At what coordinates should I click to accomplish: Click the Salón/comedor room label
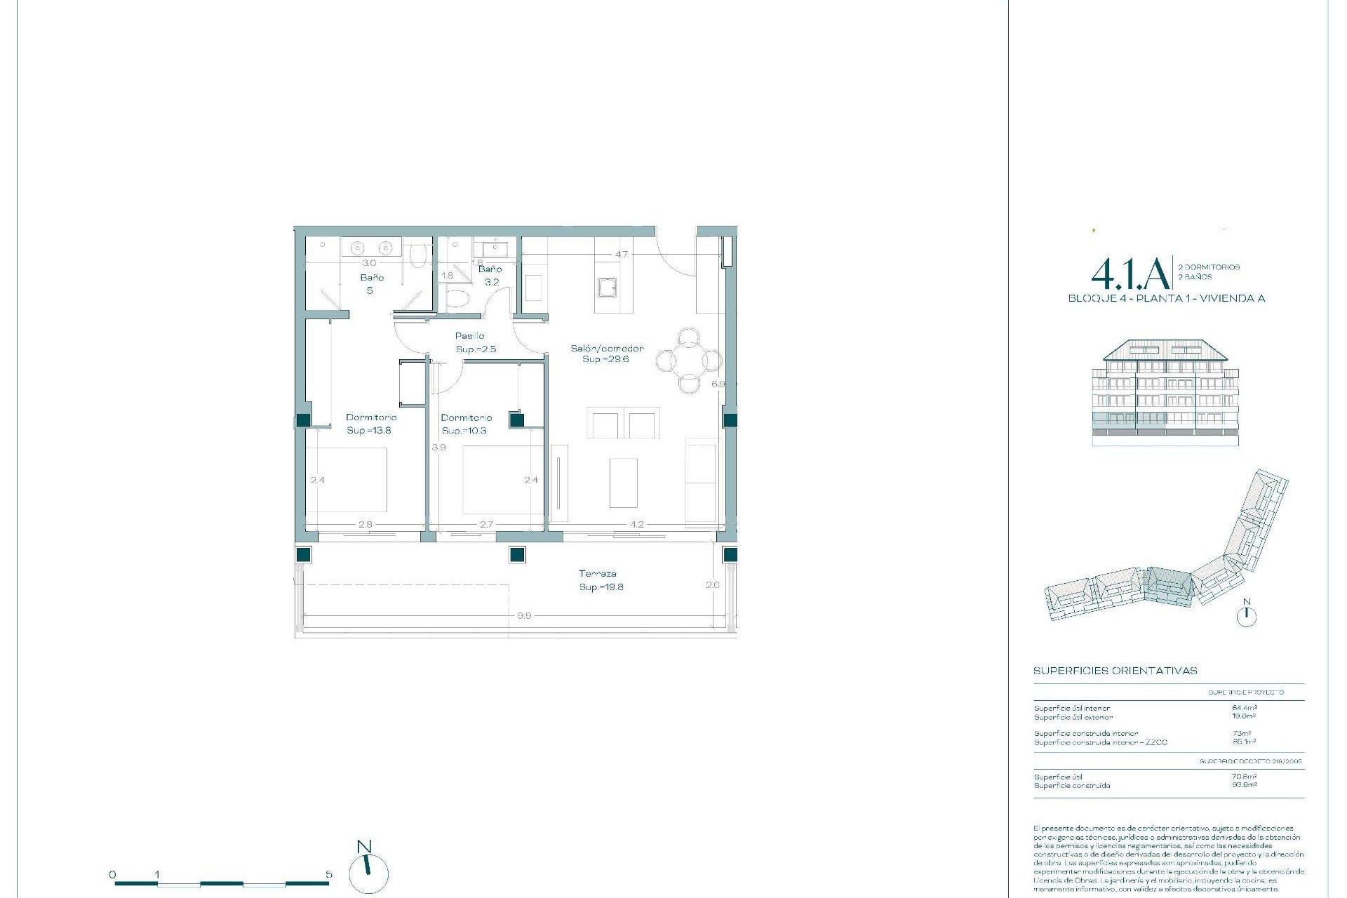606,348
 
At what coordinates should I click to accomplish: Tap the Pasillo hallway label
469,336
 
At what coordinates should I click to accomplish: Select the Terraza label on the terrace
598,573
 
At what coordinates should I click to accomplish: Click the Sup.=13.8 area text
369,430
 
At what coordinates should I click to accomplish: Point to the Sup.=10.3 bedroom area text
464,430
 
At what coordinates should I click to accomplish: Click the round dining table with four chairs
689,361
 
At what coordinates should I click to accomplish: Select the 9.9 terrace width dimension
523,615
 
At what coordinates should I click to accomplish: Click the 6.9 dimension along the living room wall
717,384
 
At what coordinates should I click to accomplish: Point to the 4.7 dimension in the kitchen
622,254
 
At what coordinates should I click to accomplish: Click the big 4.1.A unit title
1130,274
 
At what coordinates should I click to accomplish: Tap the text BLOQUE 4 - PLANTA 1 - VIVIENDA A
1166,298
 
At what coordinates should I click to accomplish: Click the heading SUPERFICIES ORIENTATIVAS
1115,671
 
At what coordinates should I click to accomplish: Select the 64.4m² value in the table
1244,708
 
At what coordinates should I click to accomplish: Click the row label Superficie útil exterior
1073,717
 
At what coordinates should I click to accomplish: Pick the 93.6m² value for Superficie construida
1244,785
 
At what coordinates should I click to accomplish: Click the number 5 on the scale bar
329,874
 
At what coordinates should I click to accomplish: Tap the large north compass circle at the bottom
368,874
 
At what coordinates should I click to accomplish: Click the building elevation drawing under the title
1165,393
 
